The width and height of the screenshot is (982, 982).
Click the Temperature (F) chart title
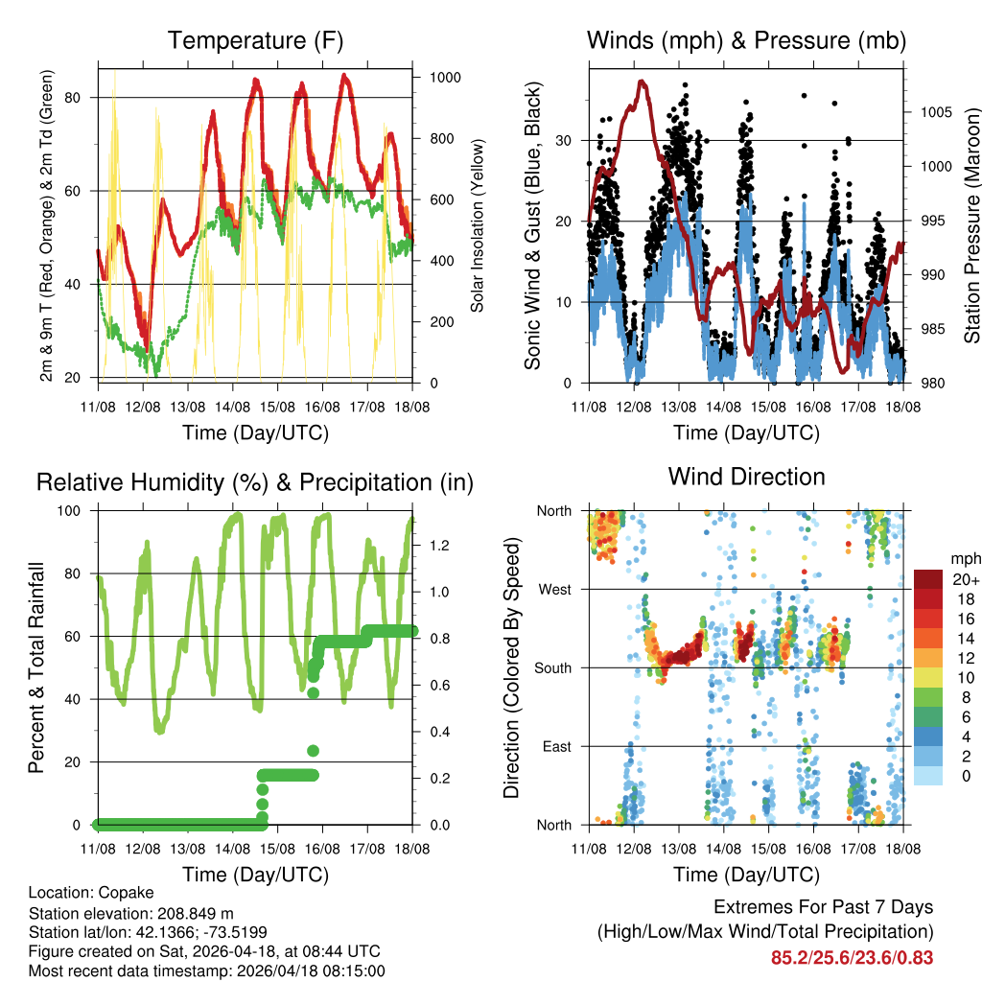point(255,41)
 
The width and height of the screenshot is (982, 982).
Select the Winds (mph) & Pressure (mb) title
point(746,41)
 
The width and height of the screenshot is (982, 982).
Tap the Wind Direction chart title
point(746,477)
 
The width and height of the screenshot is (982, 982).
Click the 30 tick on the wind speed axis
point(565,140)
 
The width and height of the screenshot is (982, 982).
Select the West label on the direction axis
point(553,589)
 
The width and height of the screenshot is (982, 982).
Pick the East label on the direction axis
point(555,746)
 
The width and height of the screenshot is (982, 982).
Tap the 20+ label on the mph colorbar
point(965,579)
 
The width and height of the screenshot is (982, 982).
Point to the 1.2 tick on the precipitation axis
point(440,546)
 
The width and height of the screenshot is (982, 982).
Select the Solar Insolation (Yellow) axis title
point(477,225)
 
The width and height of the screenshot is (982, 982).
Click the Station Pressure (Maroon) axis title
point(971,225)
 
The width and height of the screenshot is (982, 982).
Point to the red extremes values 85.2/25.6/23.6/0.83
point(852,957)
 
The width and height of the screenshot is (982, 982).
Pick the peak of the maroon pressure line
point(642,82)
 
